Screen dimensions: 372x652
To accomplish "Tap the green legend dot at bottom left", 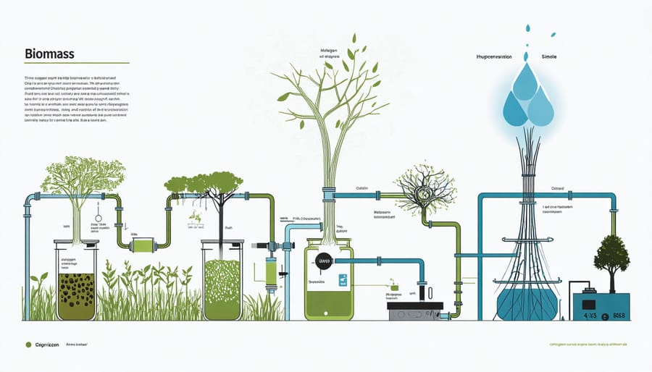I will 28,345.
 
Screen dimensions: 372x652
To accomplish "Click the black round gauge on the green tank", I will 323,260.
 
